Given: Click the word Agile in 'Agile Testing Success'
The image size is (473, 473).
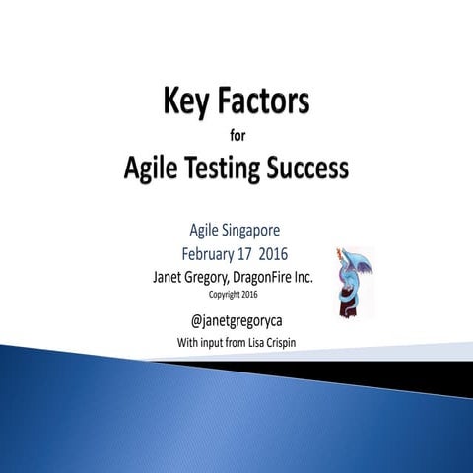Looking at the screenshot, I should [x=158, y=169].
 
